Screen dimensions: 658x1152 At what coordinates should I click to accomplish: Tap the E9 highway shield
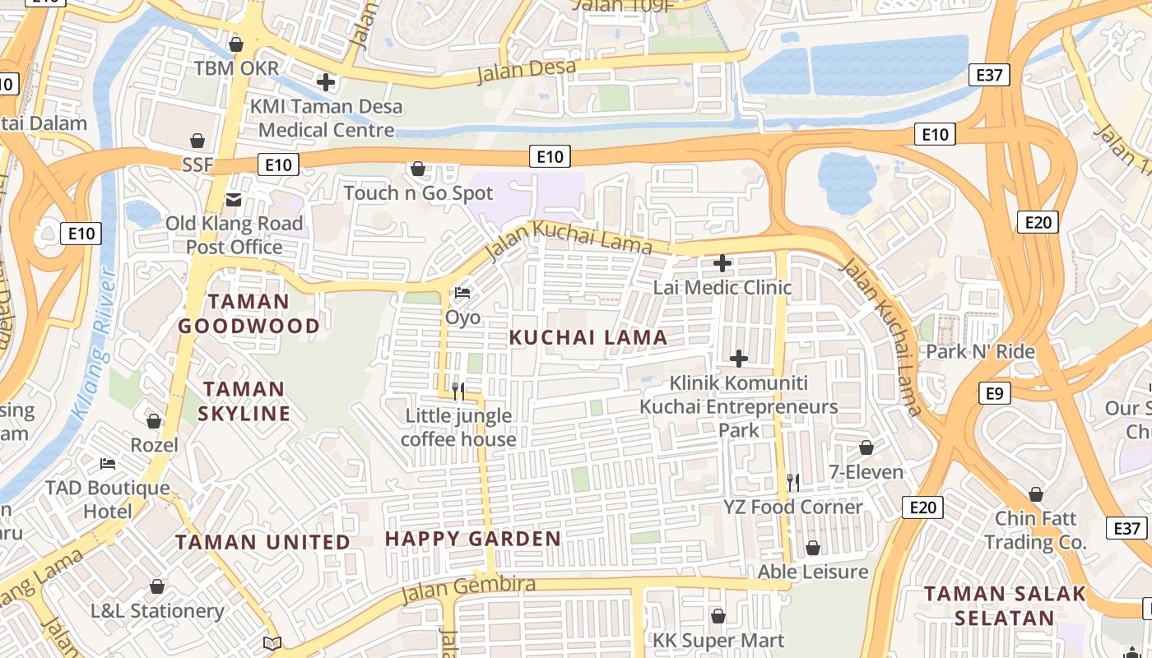click(994, 393)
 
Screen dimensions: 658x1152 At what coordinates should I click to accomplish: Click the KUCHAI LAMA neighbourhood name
click(588, 337)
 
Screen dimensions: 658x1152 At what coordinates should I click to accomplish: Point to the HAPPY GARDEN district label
click(473, 540)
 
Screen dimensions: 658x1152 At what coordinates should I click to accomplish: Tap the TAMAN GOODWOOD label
click(249, 314)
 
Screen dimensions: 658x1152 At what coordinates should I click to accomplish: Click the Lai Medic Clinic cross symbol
click(722, 263)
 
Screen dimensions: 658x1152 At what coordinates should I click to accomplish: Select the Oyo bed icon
click(462, 293)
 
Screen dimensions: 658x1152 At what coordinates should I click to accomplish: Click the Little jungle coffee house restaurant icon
click(458, 391)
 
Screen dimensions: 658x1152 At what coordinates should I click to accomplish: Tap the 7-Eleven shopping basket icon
click(866, 447)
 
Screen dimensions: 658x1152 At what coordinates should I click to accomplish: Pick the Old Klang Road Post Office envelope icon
click(234, 199)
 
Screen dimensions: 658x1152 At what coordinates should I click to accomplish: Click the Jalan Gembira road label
click(468, 589)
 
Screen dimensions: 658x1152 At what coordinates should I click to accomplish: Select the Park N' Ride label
click(980, 352)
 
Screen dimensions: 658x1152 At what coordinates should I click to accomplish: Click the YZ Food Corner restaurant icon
click(792, 482)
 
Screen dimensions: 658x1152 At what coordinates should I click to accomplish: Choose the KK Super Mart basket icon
click(718, 616)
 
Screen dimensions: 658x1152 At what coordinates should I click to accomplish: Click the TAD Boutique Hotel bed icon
click(107, 464)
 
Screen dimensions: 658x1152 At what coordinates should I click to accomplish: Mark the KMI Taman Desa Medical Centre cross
click(326, 81)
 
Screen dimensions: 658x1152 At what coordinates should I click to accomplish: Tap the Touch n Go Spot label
click(418, 193)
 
